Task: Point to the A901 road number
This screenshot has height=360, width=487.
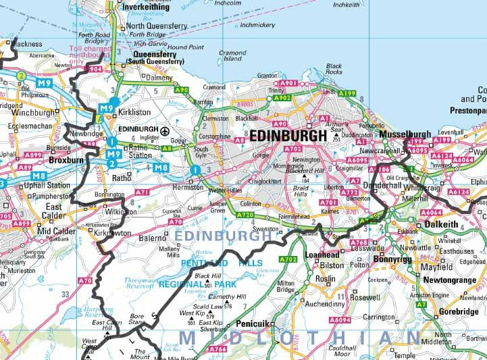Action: [x=288, y=83]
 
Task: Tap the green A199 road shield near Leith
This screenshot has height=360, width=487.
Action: [x=347, y=93]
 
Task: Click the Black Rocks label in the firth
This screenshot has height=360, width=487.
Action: [x=334, y=68]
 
